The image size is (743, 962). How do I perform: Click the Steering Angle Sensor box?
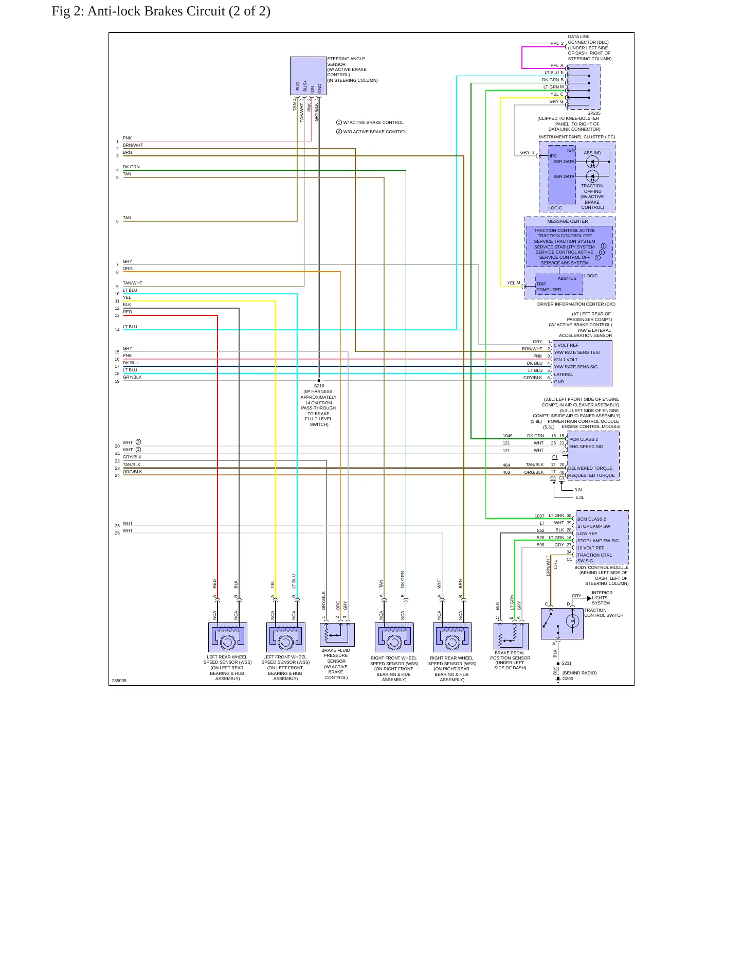(x=308, y=76)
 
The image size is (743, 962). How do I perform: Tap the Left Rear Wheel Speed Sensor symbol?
(x=227, y=637)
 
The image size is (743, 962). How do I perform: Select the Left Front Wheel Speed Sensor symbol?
(x=285, y=637)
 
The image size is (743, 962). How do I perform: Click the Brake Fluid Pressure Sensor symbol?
(x=337, y=635)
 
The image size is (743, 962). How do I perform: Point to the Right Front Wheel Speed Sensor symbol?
(x=394, y=637)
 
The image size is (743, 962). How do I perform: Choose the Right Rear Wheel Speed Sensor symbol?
(x=452, y=637)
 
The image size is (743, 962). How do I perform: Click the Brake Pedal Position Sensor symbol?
(x=511, y=636)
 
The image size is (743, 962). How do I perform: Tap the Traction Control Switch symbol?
(x=562, y=623)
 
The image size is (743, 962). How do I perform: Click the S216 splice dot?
(x=319, y=381)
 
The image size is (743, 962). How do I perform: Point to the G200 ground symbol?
(x=558, y=680)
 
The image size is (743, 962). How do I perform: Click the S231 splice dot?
(x=558, y=664)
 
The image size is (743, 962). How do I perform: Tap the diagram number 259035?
(x=119, y=681)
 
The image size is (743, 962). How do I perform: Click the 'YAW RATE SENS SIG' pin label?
(x=576, y=367)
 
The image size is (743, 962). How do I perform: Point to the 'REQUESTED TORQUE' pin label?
(x=591, y=475)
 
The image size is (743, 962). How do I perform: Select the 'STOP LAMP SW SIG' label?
(x=598, y=541)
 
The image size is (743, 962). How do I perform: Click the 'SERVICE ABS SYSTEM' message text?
(x=565, y=263)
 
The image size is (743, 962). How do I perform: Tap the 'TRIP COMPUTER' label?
(x=549, y=287)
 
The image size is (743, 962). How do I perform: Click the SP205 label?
(x=594, y=113)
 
